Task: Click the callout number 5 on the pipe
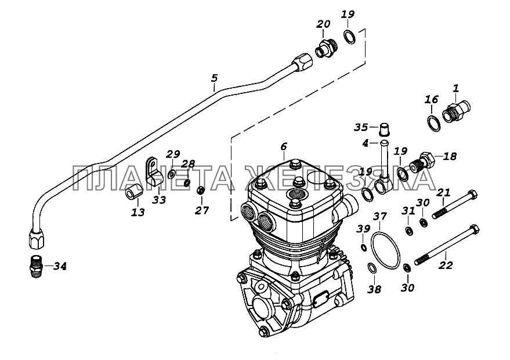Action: click(x=214, y=78)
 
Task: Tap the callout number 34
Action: click(x=60, y=267)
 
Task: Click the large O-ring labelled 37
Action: click(x=385, y=250)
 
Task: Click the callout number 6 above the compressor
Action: click(x=284, y=147)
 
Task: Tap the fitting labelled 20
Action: click(x=325, y=49)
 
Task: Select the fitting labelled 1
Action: click(x=458, y=110)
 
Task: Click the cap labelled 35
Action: click(x=384, y=128)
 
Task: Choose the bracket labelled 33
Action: click(x=154, y=172)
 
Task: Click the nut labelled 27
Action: click(x=201, y=190)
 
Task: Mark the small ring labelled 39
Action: click(x=363, y=249)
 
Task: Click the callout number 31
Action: click(x=408, y=212)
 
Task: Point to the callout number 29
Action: click(x=173, y=154)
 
